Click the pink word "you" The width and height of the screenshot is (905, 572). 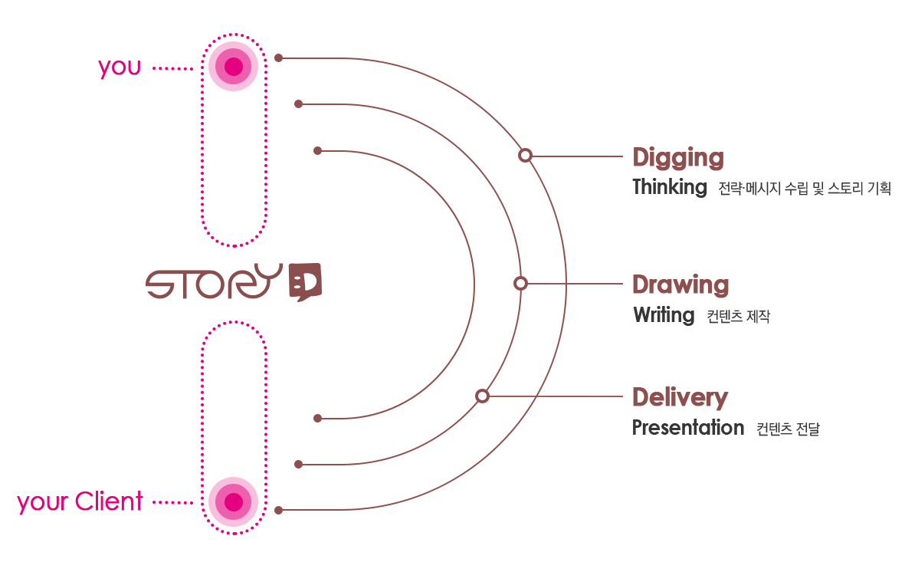coord(120,67)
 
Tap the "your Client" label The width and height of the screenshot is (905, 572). coord(80,501)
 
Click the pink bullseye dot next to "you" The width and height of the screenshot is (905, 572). coord(233,67)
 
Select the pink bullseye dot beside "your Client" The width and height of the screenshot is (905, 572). coord(233,501)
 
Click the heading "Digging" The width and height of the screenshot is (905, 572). coord(678,158)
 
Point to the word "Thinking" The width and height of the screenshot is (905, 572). coord(670,187)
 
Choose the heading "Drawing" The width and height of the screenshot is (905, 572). coord(680,284)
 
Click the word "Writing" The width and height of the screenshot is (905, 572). coord(664,315)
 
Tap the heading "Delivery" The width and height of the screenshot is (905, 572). coord(680,397)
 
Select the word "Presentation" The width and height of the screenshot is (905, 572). coord(688,428)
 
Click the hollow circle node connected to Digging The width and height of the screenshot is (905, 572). coord(525,156)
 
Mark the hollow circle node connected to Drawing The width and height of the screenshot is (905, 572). coord(520,284)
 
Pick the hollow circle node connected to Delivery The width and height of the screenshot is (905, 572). coord(482,396)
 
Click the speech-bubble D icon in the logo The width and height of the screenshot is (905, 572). coord(305,282)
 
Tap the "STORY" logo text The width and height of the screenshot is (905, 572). coord(214,282)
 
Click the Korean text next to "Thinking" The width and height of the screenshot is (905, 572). coord(805,189)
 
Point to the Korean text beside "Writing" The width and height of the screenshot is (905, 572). coord(738,316)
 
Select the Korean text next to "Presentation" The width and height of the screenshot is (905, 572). coord(788,429)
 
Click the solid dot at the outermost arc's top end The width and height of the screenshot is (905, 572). coord(278,58)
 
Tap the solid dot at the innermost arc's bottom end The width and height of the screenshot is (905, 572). coord(317,419)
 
